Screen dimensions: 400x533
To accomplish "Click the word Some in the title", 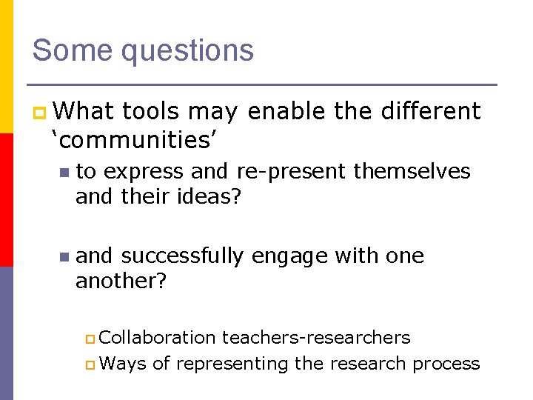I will click(72, 50).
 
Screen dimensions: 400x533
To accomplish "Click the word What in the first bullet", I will click(84, 111).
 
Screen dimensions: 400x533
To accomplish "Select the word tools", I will click(151, 111).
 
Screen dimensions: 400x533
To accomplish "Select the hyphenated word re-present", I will click(291, 172).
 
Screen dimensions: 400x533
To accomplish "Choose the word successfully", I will click(182, 256).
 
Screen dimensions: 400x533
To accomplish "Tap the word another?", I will click(121, 282).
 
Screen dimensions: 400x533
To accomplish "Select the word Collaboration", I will click(157, 338).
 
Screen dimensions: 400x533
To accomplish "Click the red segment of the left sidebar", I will click(6, 200).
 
